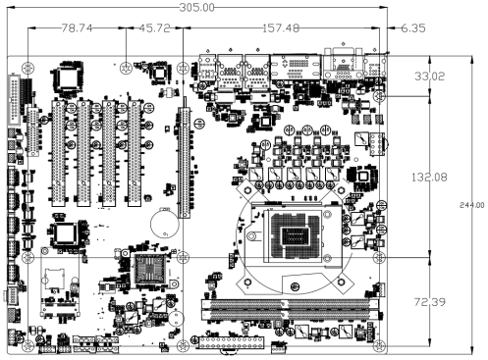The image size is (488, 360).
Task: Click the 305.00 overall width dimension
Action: point(196,7)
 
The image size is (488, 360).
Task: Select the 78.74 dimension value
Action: point(78,28)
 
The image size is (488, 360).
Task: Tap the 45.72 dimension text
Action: point(155,28)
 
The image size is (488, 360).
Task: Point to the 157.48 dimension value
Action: point(281,28)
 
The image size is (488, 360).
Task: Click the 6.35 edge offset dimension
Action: point(413,28)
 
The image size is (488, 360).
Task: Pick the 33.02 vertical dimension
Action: point(430,77)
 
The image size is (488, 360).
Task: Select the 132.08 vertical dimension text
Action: point(429,178)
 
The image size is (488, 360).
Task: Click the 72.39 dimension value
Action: point(430,302)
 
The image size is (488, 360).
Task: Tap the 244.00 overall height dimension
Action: point(471,205)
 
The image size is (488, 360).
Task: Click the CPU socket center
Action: point(295,235)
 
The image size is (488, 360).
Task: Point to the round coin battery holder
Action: point(165,224)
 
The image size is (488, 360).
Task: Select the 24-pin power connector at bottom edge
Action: point(232,344)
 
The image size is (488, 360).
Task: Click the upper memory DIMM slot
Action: point(290,304)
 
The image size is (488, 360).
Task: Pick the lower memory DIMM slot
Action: point(290,315)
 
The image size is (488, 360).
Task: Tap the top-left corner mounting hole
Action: point(27,69)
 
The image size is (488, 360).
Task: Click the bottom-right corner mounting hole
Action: point(379,345)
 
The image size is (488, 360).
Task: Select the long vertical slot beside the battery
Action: point(184,163)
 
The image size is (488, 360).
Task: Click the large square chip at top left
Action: point(67,77)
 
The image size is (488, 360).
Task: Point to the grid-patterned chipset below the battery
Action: point(150,269)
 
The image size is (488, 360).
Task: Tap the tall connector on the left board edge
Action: point(14,101)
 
